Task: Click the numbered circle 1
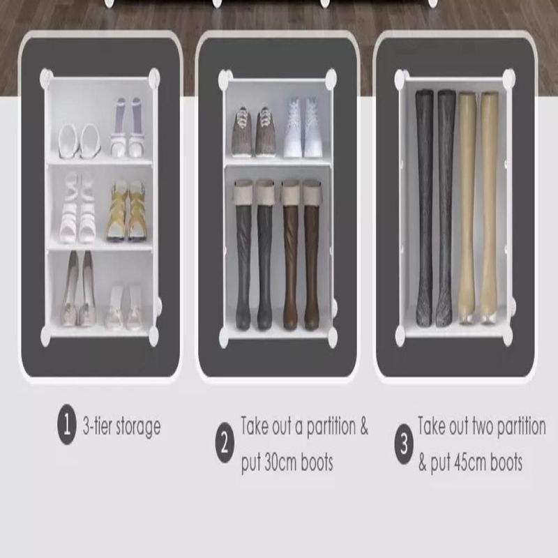click(66, 424)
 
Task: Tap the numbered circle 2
click(225, 443)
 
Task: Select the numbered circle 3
click(405, 444)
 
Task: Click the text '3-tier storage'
click(121, 425)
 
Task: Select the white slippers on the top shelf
click(80, 141)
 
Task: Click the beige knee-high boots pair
click(478, 208)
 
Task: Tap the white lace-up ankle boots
click(303, 128)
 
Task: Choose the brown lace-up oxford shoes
click(254, 132)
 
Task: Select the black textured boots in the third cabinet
click(435, 208)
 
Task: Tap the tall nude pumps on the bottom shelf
click(80, 288)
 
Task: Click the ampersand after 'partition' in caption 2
click(363, 425)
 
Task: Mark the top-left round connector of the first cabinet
click(46, 77)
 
